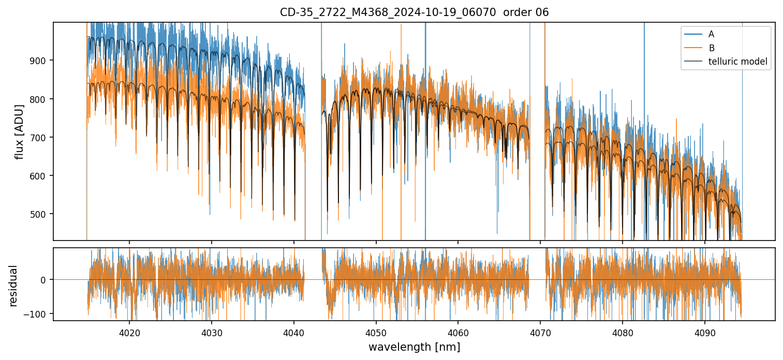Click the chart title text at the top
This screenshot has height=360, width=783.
click(x=414, y=12)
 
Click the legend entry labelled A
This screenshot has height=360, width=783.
click(x=711, y=34)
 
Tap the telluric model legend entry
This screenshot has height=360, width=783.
click(x=737, y=62)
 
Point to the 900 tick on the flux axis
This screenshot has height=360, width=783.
click(x=42, y=61)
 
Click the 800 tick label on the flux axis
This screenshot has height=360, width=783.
click(x=42, y=99)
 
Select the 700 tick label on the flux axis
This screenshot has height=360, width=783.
click(x=42, y=138)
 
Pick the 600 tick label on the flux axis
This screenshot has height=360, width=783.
click(x=42, y=176)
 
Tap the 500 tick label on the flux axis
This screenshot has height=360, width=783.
click(x=42, y=214)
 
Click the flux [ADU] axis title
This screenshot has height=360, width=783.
click(x=20, y=131)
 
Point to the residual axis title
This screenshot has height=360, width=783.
click(x=13, y=285)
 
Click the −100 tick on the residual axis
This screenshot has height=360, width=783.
click(x=38, y=314)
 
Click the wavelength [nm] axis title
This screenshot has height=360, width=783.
click(x=414, y=347)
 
